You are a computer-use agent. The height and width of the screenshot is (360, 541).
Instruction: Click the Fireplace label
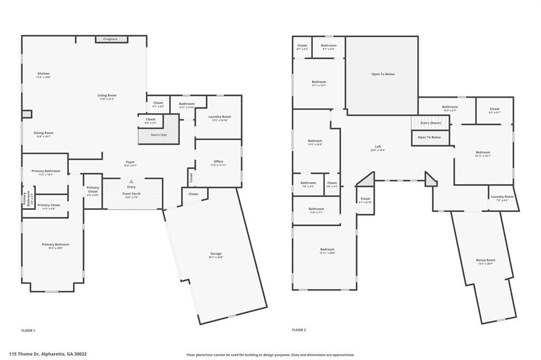point(110,39)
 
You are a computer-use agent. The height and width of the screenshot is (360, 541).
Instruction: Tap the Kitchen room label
point(43,73)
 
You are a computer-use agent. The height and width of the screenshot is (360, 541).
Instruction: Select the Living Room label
point(107,96)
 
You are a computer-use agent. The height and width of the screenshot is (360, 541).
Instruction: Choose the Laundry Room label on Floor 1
point(219,117)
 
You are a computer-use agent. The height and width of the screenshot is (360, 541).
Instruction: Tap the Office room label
point(219,162)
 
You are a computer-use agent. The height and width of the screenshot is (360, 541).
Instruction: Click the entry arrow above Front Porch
point(132,181)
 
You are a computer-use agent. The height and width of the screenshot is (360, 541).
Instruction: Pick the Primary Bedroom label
point(55,244)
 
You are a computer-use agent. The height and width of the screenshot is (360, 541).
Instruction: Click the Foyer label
point(130,162)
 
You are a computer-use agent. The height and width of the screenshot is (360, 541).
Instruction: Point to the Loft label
point(378,147)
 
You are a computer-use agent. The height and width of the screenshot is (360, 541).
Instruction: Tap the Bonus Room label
point(486,260)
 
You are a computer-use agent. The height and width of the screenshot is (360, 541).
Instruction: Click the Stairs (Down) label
point(431,123)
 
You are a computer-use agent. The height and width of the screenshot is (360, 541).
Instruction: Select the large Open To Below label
point(383,74)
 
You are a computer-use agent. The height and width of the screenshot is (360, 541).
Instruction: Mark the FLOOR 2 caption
point(299,330)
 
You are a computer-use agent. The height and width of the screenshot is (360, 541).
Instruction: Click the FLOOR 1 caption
point(28,330)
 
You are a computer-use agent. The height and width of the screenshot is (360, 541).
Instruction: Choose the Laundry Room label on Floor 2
point(502,197)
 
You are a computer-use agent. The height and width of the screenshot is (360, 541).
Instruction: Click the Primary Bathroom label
point(45,171)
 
